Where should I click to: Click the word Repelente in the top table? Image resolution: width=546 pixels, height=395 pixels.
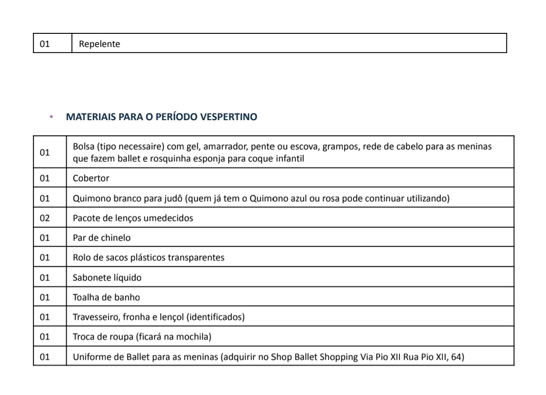(100, 44)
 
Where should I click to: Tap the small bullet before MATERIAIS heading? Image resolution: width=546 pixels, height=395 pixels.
(51, 117)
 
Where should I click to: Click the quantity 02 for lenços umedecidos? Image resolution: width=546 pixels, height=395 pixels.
(45, 218)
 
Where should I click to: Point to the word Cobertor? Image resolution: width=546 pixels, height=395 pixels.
(91, 178)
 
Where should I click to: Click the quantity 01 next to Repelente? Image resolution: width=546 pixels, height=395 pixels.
(45, 44)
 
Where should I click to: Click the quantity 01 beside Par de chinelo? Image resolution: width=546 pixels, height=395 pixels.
(45, 238)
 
